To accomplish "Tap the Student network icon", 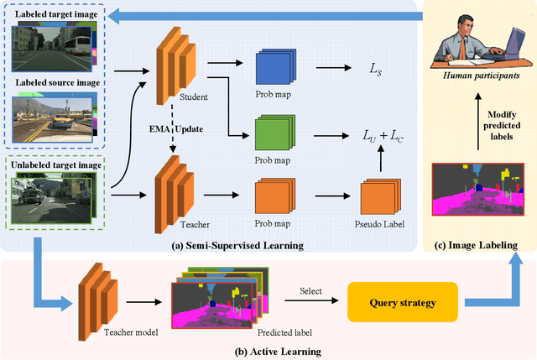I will click(171, 67).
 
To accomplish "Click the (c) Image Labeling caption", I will click(477, 243).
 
